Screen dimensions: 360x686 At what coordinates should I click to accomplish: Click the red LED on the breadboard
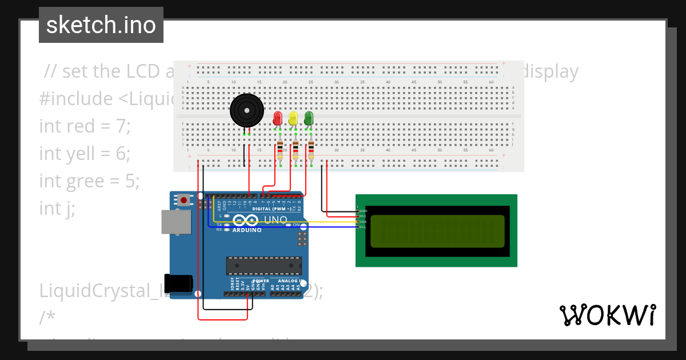278,118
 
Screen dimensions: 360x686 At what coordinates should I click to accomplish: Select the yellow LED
293,118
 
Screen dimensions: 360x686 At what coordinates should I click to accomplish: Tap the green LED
309,118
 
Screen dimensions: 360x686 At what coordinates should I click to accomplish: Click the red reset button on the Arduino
184,200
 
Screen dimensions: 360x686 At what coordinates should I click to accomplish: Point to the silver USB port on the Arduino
176,222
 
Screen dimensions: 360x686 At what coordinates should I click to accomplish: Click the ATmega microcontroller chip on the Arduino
264,266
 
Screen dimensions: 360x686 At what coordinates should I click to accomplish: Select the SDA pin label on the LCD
362,222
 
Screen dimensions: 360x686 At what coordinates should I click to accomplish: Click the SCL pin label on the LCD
362,227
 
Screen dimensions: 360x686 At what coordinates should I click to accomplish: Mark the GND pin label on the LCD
362,211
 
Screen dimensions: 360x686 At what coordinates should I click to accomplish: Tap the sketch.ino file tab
101,25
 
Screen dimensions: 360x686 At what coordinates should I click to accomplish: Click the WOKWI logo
608,315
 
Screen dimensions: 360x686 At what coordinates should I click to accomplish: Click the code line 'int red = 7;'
85,126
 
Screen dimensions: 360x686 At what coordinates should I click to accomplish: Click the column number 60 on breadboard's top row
490,82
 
